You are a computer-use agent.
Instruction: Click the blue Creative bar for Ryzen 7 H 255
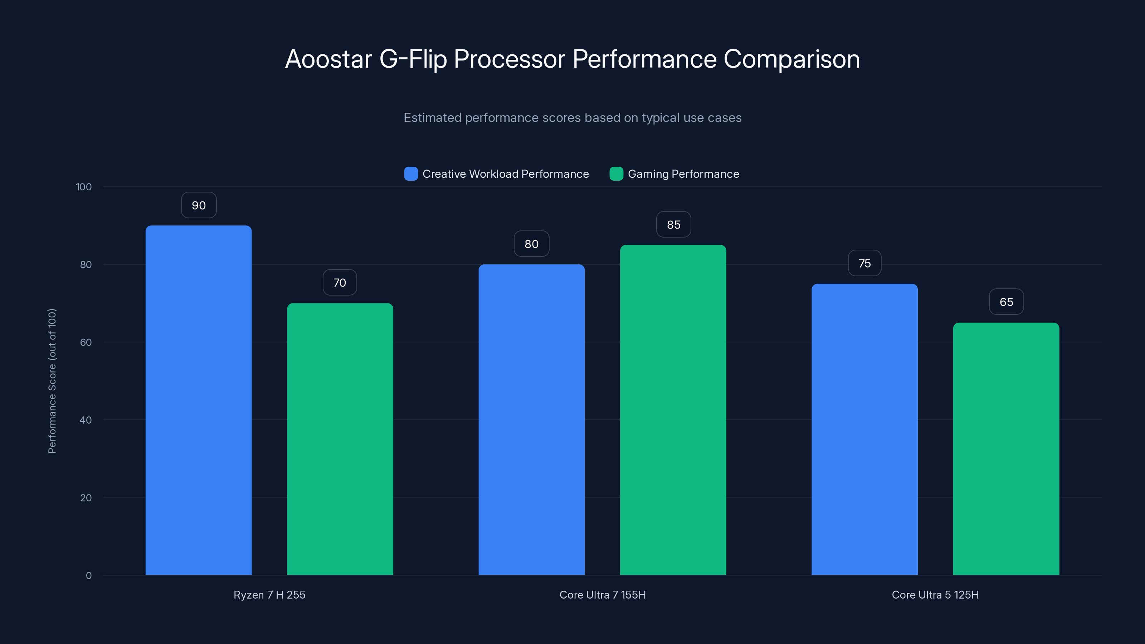pos(198,400)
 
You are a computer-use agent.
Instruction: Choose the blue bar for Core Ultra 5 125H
pos(864,429)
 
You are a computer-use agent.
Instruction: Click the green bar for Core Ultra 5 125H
pos(1006,449)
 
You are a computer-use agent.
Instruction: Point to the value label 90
pos(199,205)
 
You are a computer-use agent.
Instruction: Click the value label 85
pos(673,225)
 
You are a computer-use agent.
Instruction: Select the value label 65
pos(1006,302)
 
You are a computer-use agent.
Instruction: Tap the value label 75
pos(864,264)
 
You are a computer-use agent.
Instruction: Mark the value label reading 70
pos(340,283)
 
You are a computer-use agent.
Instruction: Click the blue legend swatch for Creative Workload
pos(411,174)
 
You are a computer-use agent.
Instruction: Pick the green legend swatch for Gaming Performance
pos(616,174)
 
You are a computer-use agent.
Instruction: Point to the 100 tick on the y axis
pos(84,187)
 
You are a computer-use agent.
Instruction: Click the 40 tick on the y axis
pos(86,420)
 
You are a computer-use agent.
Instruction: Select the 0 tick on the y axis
pos(88,576)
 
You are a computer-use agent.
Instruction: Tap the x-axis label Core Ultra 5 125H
pos(935,595)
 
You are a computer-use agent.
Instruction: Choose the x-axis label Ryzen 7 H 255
pos(269,595)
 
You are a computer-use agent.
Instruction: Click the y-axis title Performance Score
pos(52,381)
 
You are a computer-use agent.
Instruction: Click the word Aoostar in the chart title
pos(328,59)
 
